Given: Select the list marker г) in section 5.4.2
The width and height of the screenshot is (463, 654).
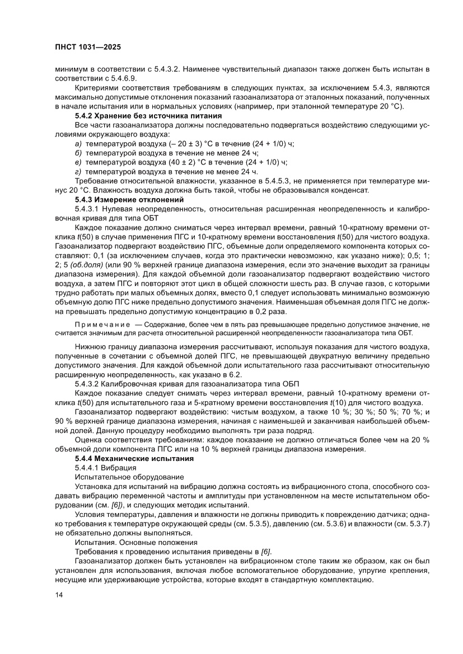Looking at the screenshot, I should pyautogui.click(x=78, y=171).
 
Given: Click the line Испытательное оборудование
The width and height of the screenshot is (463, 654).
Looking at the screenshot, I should pyautogui.click(x=129, y=477).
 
